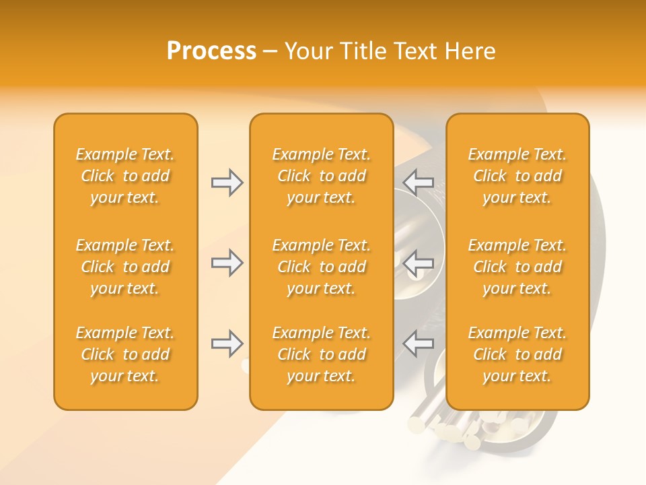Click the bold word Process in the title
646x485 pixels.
(211, 51)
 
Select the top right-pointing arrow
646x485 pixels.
(227, 183)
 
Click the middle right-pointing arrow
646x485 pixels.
(227, 263)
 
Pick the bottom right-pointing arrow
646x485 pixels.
(227, 344)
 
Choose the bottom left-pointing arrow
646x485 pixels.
(419, 344)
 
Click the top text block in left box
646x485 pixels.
(125, 176)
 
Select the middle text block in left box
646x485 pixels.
(125, 267)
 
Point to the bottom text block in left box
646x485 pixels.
(125, 354)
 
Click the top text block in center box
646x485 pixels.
(321, 176)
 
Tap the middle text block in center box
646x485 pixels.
(321, 267)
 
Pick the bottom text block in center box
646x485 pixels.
(321, 354)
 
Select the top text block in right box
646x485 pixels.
(517, 176)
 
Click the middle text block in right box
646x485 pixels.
(517, 267)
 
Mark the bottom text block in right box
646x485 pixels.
(517, 354)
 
